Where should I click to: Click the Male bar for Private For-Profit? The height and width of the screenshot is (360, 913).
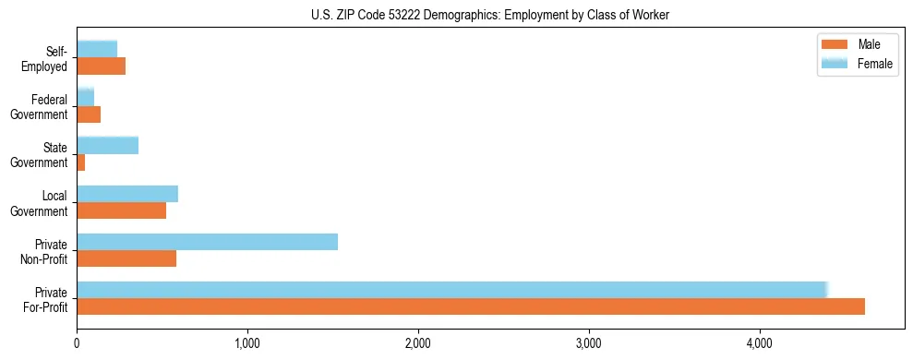[x=471, y=306]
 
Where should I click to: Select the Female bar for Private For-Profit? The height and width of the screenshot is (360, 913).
[x=452, y=290]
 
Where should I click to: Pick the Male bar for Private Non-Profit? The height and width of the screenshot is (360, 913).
[x=126, y=258]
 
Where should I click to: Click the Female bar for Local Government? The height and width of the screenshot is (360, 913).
[x=127, y=194]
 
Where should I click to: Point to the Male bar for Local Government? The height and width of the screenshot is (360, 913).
[x=121, y=210]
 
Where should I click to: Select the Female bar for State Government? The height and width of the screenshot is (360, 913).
[x=107, y=145]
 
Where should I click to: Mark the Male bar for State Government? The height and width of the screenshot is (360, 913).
[x=81, y=162]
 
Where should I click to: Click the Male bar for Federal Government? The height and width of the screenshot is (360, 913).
[x=89, y=114]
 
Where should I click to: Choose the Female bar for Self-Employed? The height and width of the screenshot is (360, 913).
[x=97, y=49]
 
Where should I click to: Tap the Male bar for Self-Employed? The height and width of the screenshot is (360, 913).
[x=101, y=66]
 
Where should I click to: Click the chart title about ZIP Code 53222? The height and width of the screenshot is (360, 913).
[x=490, y=15]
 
